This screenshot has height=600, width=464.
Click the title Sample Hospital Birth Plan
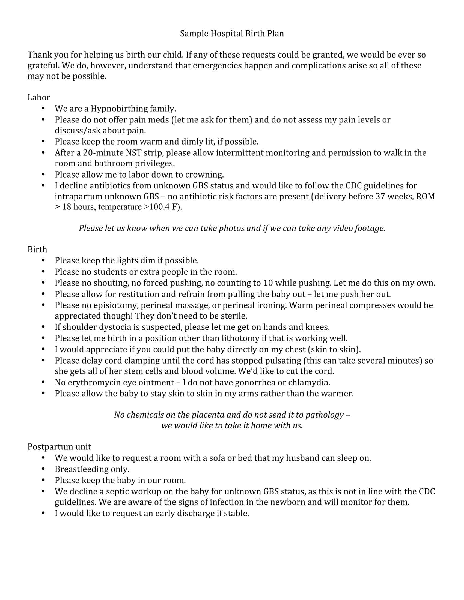point(232,34)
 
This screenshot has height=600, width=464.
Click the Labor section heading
point(39,98)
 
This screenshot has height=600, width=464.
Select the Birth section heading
point(37,250)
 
